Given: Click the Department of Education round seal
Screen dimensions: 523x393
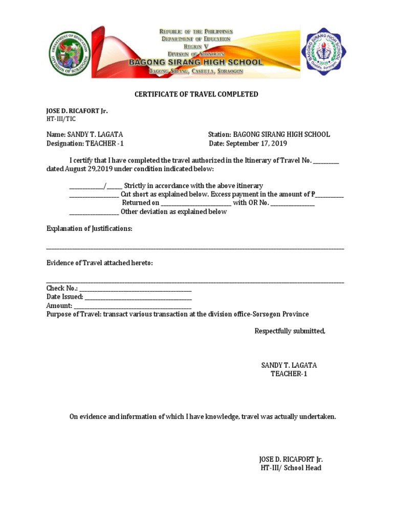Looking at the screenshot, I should click(69, 53).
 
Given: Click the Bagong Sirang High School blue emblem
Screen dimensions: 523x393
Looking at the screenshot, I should click(325, 52).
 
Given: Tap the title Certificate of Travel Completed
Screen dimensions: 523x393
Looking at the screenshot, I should click(196, 94).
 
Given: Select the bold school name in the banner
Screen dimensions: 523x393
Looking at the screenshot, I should click(195, 62).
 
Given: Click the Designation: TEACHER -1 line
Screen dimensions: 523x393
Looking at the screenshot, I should click(85, 144).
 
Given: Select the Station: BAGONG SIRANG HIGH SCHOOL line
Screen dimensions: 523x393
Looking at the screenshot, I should click(269, 134).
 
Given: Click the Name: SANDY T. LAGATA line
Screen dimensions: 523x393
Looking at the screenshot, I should click(84, 134).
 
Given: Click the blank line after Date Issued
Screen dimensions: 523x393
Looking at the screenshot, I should click(138, 297).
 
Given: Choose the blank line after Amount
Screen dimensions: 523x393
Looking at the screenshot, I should click(133, 306).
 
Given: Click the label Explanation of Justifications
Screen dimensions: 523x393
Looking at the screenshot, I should click(90, 229).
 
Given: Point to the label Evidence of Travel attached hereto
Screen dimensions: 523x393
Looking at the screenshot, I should click(100, 263).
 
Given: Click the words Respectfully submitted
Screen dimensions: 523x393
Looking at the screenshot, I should click(290, 331).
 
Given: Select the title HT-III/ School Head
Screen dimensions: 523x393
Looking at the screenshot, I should click(291, 468).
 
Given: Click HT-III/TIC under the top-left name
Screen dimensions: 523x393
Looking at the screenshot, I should click(61, 118).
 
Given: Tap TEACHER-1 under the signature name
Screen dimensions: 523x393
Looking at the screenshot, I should click(289, 374).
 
